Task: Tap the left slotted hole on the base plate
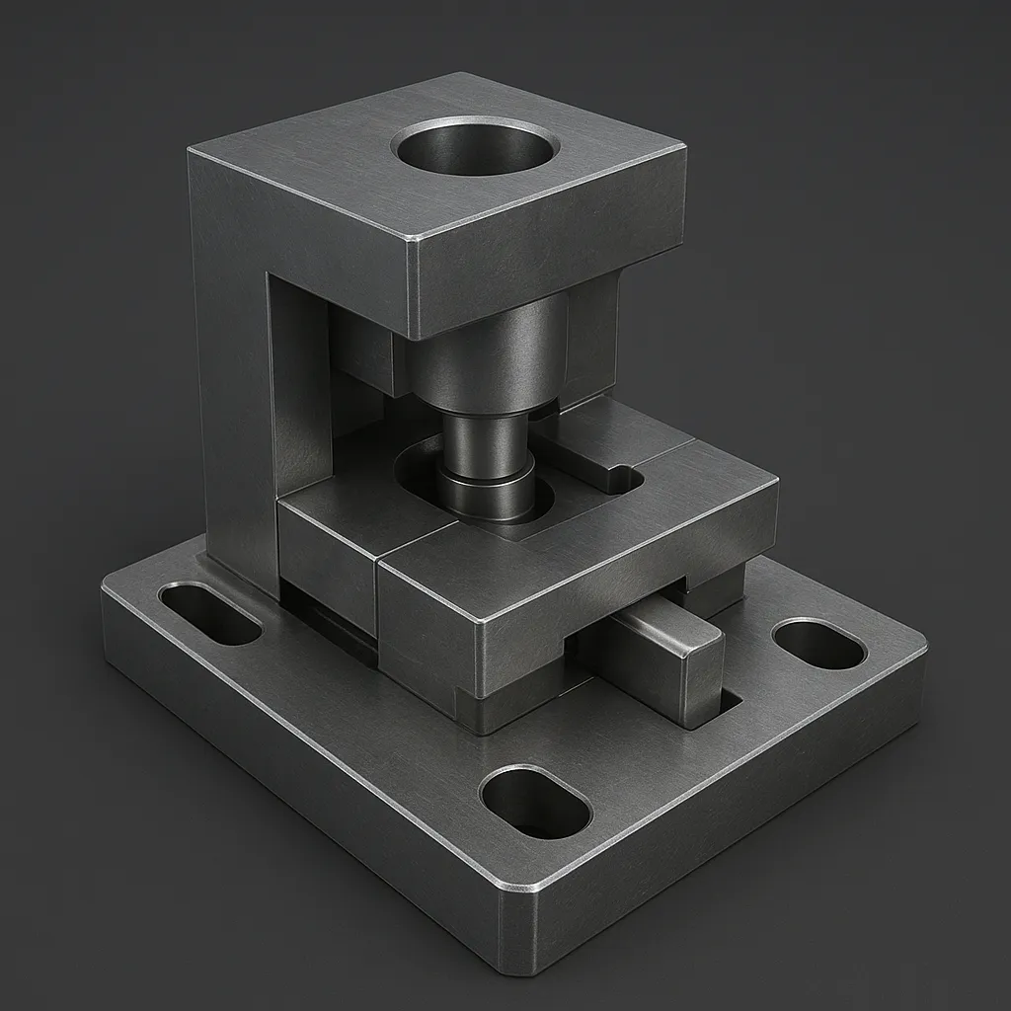[209, 613]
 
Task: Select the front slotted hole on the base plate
[535, 801]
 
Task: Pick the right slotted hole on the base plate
[818, 644]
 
